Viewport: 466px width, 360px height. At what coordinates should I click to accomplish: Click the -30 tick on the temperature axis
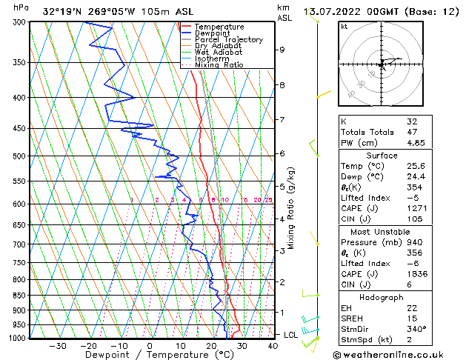(58, 346)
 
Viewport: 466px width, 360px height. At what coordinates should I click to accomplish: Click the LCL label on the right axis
(292, 335)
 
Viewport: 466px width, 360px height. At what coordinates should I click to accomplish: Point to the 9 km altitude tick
(282, 50)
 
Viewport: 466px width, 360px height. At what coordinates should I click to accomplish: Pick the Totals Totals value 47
(412, 131)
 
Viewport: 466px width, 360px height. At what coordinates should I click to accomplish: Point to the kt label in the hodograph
(344, 27)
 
